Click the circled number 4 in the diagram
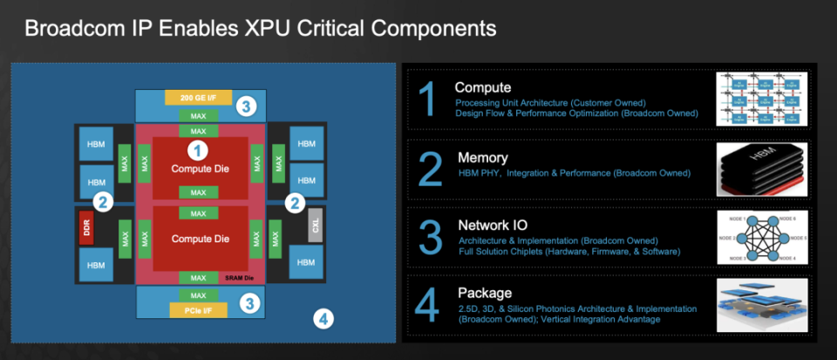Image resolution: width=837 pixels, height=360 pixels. (x=323, y=319)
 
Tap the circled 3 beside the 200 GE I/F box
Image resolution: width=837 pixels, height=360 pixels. (x=248, y=107)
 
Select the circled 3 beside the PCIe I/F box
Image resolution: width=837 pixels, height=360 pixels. (x=248, y=303)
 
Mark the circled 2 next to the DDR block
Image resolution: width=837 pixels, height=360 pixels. (x=102, y=202)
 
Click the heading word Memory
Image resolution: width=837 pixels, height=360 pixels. (x=482, y=158)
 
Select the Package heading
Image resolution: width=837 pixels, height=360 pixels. (x=485, y=293)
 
